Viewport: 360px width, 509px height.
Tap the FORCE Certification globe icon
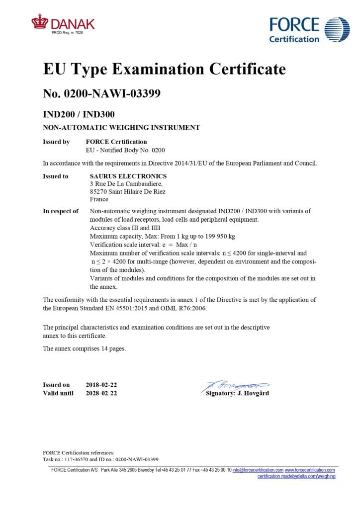(x=337, y=29)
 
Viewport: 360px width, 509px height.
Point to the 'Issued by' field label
(x=56, y=142)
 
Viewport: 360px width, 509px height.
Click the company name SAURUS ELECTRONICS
(x=128, y=176)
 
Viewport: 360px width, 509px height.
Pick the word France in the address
(x=99, y=199)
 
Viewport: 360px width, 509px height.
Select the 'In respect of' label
(x=61, y=211)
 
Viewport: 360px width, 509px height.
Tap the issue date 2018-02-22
(x=101, y=385)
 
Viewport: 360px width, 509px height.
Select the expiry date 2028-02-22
(x=101, y=393)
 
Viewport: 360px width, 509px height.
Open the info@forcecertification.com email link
(x=258, y=470)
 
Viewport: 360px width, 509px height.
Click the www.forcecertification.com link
(x=310, y=470)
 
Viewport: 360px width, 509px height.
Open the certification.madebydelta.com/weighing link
(x=296, y=476)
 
